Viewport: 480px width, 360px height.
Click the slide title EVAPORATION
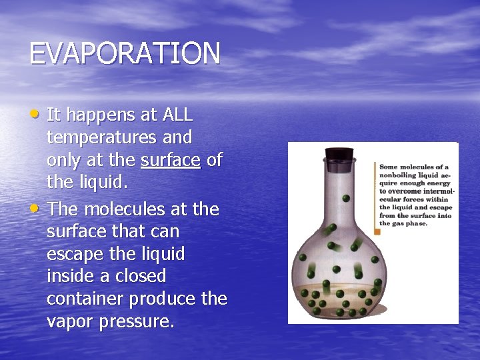coord(124,54)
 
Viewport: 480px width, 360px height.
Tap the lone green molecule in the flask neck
coord(346,198)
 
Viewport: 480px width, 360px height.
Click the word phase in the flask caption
coord(415,223)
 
